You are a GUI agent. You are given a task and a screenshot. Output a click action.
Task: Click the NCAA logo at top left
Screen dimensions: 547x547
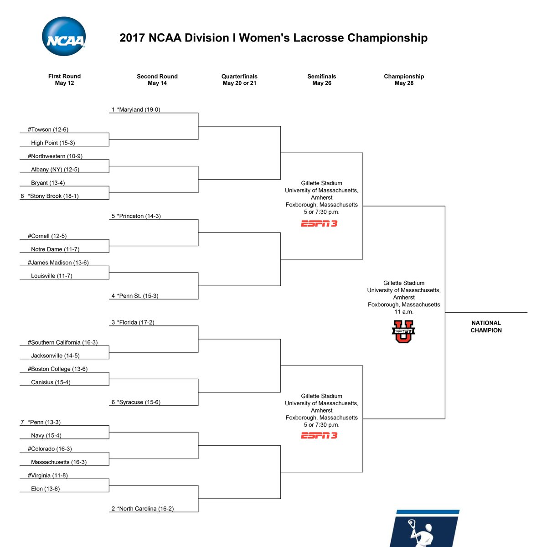point(63,36)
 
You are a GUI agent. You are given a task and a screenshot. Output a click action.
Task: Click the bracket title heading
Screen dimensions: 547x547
point(273,38)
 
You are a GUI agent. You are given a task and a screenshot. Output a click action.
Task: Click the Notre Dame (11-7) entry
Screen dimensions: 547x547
point(55,249)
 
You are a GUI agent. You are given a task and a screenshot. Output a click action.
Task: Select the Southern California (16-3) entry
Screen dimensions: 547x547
point(63,342)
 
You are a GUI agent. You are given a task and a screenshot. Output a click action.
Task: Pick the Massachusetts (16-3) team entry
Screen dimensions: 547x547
point(59,462)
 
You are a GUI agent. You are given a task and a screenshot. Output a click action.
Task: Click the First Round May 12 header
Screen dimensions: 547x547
point(64,79)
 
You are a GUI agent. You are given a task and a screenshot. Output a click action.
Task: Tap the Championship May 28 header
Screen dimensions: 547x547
point(404,80)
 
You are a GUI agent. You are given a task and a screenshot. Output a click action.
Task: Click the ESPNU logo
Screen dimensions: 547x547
point(403,331)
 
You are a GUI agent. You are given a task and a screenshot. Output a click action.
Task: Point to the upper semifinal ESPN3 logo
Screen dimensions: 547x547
point(319,224)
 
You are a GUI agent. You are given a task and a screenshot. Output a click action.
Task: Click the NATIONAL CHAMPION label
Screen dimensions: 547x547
point(486,327)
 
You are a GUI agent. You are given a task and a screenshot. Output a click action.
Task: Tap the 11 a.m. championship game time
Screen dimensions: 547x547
point(404,312)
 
